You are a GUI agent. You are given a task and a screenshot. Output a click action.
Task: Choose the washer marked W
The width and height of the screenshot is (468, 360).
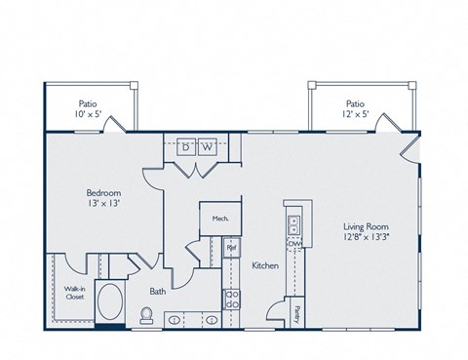click(x=207, y=147)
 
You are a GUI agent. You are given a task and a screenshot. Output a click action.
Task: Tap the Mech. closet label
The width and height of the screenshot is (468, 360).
click(x=219, y=219)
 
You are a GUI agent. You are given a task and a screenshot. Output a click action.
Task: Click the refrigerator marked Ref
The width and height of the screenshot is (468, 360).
click(x=231, y=249)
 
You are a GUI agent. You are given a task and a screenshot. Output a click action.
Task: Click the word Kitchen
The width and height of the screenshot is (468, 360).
click(x=266, y=264)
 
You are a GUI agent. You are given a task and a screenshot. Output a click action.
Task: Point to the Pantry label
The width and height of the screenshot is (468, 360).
click(x=298, y=313)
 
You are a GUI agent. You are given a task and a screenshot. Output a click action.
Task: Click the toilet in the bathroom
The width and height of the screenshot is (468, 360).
click(x=147, y=314)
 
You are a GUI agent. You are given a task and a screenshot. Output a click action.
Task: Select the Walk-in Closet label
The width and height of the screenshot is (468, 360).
click(x=74, y=292)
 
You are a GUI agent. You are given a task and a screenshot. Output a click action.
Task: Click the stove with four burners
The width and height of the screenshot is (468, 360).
click(x=232, y=300)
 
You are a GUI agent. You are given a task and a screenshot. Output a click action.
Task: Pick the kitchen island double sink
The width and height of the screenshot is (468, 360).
click(x=292, y=224)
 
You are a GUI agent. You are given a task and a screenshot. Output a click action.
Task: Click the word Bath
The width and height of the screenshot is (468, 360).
click(x=157, y=290)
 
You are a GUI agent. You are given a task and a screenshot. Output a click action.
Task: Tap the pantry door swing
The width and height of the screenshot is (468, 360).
click(x=277, y=311)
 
